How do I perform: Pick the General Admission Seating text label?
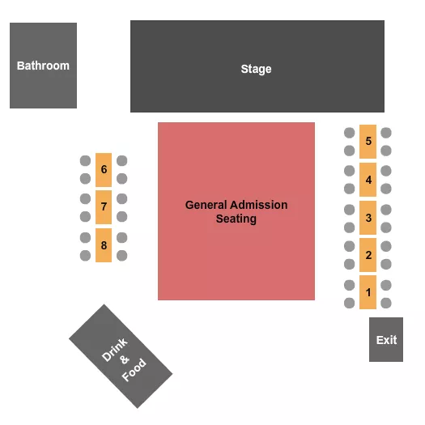236,212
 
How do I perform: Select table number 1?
368,293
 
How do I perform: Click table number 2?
368,255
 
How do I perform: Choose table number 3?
368,217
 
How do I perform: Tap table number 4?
368,180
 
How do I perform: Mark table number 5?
368,142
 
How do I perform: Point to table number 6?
104,170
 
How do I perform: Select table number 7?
104,207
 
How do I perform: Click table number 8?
104,244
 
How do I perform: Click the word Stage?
256,69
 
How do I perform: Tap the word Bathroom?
43,66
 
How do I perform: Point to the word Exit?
387,339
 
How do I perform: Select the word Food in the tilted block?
134,370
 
